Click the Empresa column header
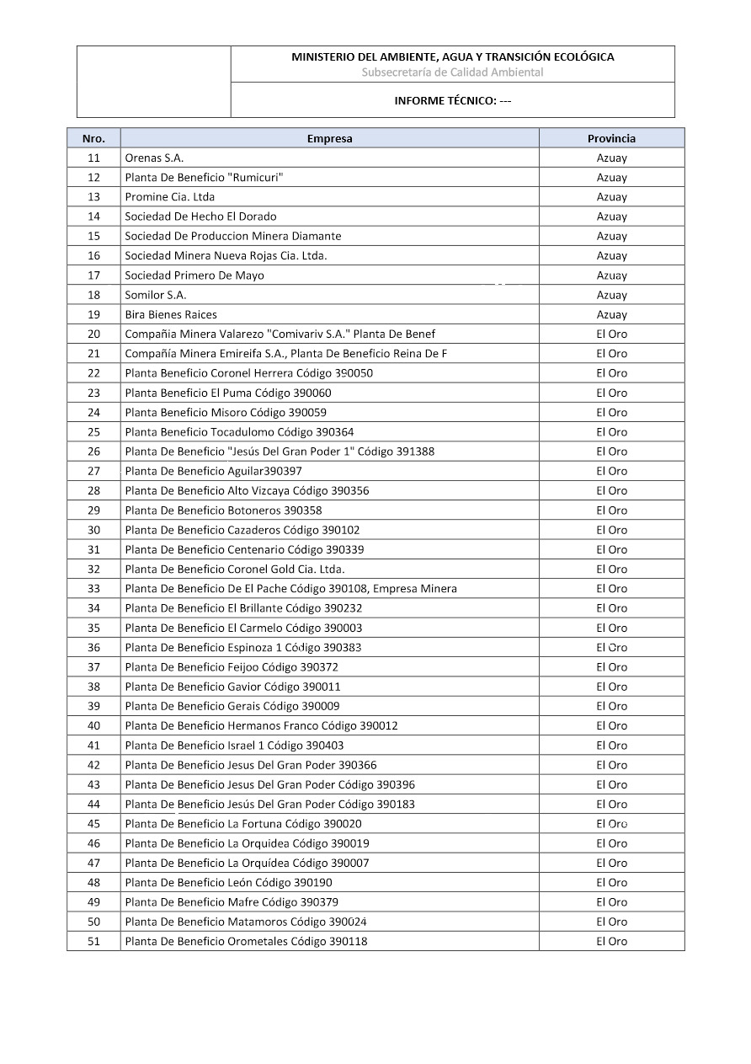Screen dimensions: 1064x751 (x=329, y=138)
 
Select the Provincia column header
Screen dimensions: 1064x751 (x=611, y=138)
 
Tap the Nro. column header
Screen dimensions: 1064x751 (x=93, y=138)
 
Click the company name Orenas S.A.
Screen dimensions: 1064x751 (x=154, y=158)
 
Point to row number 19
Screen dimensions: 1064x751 (x=93, y=314)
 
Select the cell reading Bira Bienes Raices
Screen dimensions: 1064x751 (x=171, y=314)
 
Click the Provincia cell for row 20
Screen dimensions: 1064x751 (x=611, y=334)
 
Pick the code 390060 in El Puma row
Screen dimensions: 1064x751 (x=310, y=393)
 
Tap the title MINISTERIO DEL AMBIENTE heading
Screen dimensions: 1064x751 (x=452, y=57)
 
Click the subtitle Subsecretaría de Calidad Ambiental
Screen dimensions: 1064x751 (x=452, y=72)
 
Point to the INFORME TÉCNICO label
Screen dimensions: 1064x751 (x=452, y=100)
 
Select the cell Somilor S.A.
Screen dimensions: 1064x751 (x=156, y=295)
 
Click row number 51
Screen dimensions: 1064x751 (x=93, y=941)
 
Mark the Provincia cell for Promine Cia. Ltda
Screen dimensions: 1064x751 (x=611, y=196)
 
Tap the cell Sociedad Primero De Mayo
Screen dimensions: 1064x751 (x=194, y=275)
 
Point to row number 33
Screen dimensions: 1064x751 (x=93, y=588)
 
